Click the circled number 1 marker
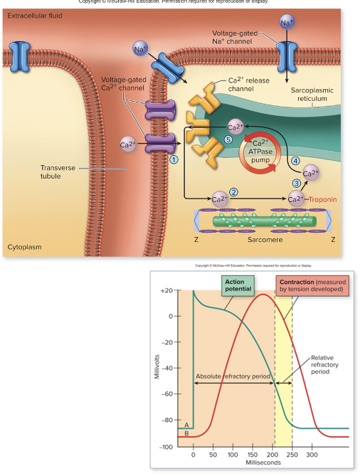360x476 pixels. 174,159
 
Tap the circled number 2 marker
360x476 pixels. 233,191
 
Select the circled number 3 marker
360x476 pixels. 297,184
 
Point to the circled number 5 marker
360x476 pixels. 228,139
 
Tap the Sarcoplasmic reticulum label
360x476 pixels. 312,95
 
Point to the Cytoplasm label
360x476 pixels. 24,247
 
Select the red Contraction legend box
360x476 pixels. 312,286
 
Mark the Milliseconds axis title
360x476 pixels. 250,462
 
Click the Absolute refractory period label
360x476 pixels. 233,376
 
